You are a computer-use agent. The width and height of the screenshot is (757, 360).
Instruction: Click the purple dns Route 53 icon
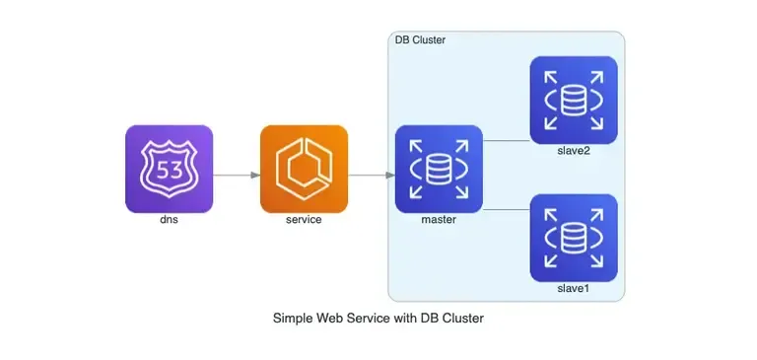click(x=169, y=169)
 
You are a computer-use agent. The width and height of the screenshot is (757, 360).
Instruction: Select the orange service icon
click(x=304, y=169)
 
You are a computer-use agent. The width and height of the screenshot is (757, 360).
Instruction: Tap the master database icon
click(x=439, y=169)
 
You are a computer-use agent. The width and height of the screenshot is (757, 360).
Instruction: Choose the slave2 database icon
click(x=574, y=99)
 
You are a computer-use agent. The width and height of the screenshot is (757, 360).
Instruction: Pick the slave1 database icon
click(x=574, y=237)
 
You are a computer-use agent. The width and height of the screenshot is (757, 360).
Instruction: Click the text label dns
click(x=169, y=219)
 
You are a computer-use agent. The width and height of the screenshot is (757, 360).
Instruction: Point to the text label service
click(x=304, y=219)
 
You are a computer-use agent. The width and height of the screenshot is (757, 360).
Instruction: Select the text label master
click(x=439, y=219)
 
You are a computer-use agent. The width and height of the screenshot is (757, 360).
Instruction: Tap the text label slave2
click(x=574, y=149)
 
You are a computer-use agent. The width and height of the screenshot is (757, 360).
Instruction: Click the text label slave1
click(x=574, y=287)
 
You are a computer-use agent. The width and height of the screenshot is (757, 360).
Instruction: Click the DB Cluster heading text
click(x=420, y=40)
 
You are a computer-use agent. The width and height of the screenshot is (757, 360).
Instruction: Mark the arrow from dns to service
click(x=237, y=176)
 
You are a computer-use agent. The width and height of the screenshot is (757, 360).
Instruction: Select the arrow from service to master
click(x=372, y=176)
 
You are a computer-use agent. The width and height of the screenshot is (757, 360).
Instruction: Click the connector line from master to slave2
click(x=506, y=141)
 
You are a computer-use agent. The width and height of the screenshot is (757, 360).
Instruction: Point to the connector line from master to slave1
click(x=506, y=209)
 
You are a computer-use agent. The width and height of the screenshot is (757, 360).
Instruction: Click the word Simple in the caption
click(x=293, y=319)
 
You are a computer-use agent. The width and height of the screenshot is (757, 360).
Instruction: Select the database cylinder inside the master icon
click(x=439, y=170)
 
